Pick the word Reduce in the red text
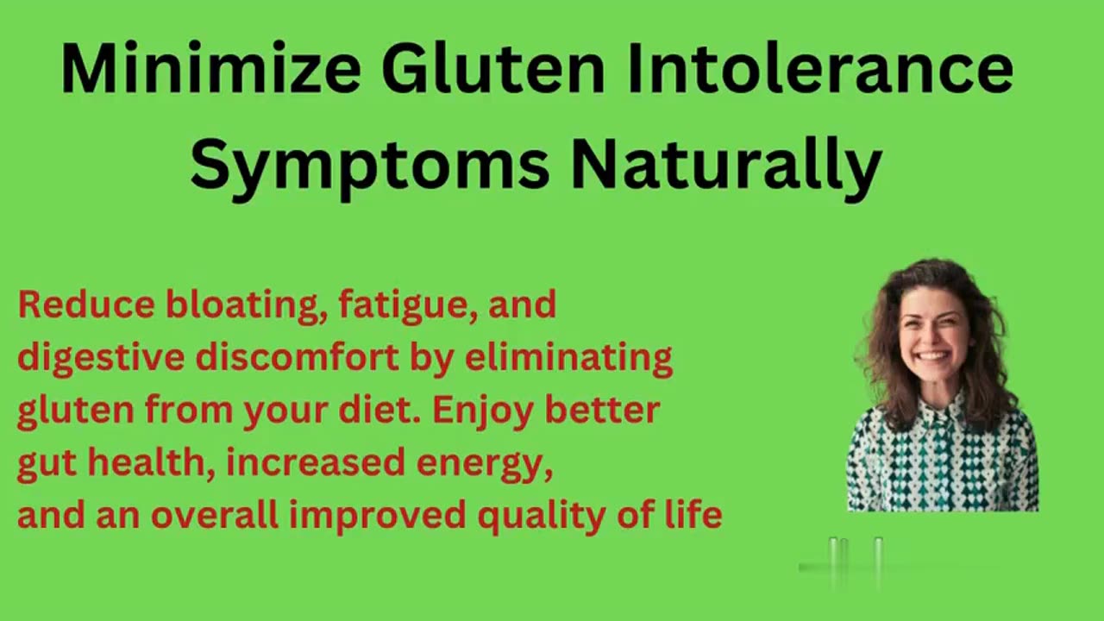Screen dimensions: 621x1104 pos(85,305)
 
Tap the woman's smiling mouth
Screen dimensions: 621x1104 pos(933,355)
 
